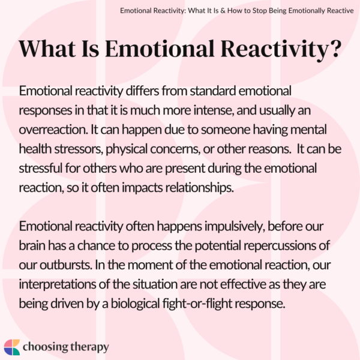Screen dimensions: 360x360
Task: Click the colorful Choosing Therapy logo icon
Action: tap(12, 347)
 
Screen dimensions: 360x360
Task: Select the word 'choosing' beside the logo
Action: tap(48, 347)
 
